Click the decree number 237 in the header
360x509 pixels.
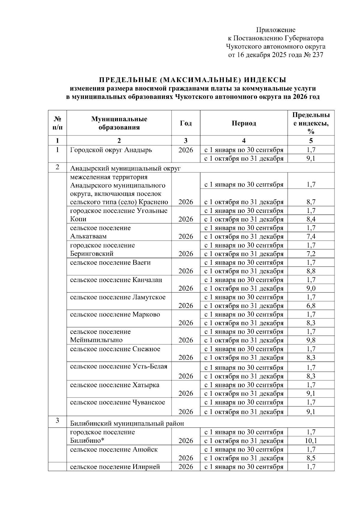click(317, 55)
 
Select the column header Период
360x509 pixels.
click(244, 123)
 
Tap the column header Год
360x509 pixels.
click(186, 123)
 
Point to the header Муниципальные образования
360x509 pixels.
click(119, 123)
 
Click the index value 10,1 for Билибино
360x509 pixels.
click(311, 441)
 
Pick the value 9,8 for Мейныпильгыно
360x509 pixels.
click(311, 340)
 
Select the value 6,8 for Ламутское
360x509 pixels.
click(311, 306)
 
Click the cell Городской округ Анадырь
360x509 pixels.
click(111, 150)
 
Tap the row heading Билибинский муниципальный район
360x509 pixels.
click(127, 423)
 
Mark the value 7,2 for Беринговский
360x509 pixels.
click(311, 254)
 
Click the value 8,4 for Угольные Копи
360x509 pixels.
click(311, 219)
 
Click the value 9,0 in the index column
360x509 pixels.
click(311, 288)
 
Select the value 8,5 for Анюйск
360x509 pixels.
click(311, 458)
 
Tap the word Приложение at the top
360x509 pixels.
click(275, 30)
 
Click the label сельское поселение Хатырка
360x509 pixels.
click(115, 385)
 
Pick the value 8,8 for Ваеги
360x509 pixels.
click(311, 271)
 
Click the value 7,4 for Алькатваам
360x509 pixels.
click(311, 237)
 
